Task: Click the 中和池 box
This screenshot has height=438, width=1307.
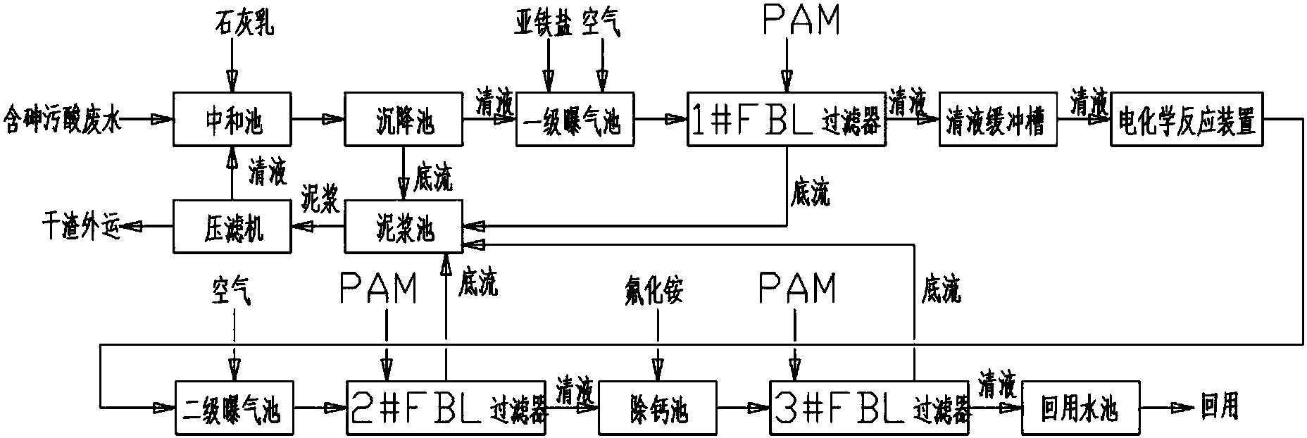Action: point(232,120)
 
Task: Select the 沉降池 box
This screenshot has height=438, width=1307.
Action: point(402,120)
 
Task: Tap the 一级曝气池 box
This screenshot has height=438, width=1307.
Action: point(574,120)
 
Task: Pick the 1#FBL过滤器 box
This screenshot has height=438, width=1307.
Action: point(787,120)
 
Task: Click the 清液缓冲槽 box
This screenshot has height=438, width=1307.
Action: point(998,120)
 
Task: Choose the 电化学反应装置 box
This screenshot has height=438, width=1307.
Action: point(1187,120)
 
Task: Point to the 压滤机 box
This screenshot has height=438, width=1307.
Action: point(232,226)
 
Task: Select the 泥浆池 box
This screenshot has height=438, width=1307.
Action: point(402,226)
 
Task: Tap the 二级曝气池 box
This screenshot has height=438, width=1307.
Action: point(232,408)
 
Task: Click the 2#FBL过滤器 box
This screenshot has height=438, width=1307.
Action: point(446,408)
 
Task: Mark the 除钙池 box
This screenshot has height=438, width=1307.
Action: point(657,408)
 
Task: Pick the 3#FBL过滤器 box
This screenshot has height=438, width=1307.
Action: point(870,408)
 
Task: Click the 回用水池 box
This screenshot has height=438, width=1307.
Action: point(1080,408)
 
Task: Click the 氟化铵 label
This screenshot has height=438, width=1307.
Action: point(654,289)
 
